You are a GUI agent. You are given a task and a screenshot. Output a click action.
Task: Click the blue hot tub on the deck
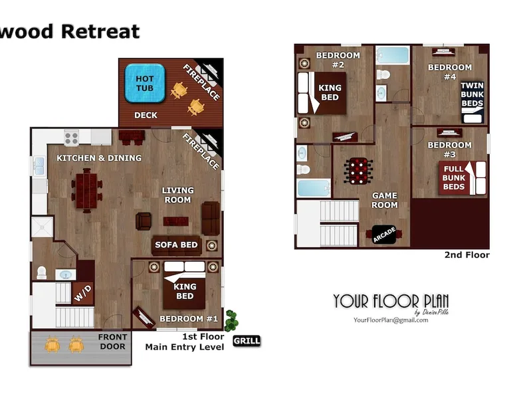[145, 83]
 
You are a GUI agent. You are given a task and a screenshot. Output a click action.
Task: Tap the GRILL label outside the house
[247, 341]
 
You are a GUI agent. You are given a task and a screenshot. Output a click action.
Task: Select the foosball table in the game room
[358, 171]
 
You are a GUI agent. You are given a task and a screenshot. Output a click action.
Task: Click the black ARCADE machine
[384, 235]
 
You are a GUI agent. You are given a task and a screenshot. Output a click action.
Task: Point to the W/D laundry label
[83, 293]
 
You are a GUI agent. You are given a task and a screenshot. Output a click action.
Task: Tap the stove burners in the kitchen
[72, 138]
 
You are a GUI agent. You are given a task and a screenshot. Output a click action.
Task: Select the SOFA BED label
[176, 245]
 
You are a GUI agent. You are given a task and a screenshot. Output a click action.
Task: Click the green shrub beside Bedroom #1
[231, 320]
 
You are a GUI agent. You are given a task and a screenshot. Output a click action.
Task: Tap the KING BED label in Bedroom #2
[330, 92]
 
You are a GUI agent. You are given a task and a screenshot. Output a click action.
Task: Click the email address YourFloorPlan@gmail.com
[391, 320]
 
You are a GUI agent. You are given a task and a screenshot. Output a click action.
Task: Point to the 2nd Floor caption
[467, 255]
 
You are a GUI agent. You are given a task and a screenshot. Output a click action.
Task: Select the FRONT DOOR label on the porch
[112, 342]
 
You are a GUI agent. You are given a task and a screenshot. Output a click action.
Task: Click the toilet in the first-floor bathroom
[42, 272]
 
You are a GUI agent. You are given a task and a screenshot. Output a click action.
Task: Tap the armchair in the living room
[144, 221]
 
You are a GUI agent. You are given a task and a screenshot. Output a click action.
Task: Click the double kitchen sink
[39, 166]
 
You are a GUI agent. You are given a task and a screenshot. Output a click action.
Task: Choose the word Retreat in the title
[100, 32]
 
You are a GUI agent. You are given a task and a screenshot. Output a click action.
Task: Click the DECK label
[146, 115]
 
